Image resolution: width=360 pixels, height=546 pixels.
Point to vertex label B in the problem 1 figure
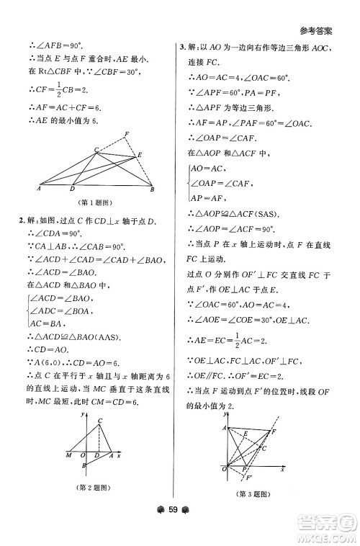(152, 189)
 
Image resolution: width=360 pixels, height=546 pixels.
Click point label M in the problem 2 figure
(67, 455)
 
